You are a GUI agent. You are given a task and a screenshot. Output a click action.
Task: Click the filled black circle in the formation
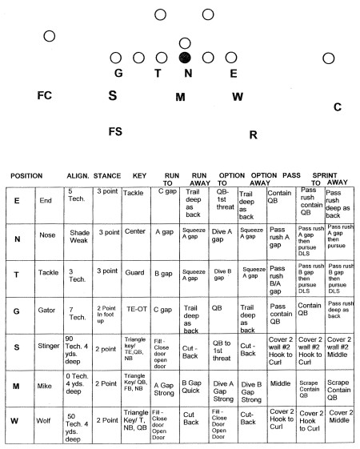click(185, 58)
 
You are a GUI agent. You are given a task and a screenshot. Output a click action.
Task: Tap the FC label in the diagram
click(45, 95)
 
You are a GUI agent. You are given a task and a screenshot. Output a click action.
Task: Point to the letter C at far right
click(338, 106)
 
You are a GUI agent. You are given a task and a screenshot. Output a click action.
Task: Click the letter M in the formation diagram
click(180, 97)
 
